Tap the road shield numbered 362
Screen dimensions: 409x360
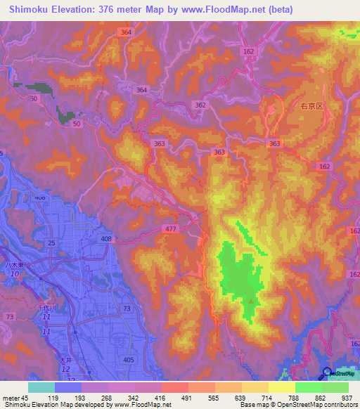202,105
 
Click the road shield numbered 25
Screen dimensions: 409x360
51,242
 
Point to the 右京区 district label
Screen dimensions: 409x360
310,106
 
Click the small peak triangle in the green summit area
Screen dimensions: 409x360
251,301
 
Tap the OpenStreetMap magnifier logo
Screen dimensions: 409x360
327,373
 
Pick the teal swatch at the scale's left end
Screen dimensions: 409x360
41,387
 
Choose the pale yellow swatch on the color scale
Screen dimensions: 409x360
282,387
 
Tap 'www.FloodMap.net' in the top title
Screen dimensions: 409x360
218,9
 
